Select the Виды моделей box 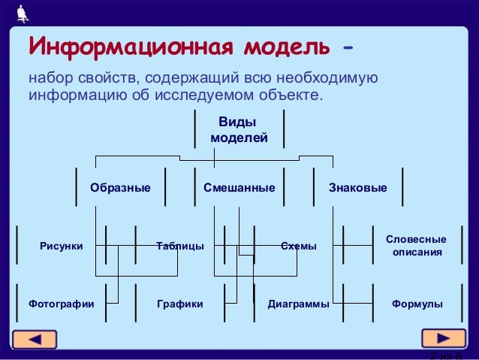click(x=239, y=130)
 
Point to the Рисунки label click(x=62, y=246)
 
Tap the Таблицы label click(x=179, y=246)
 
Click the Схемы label click(x=298, y=246)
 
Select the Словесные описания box click(x=416, y=246)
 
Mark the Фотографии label click(x=61, y=304)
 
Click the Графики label click(x=179, y=304)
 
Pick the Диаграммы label click(x=298, y=304)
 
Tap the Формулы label click(x=417, y=304)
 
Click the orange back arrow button click(x=37, y=339)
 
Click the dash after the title click(x=347, y=49)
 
